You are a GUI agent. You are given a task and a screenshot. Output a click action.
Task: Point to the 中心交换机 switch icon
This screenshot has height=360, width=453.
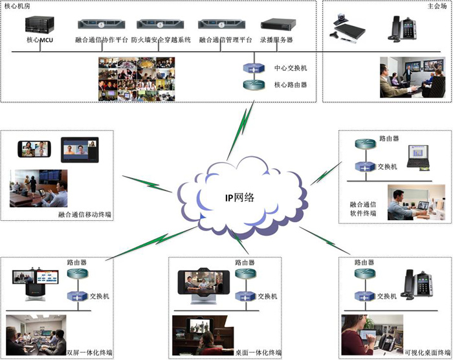point(252,69)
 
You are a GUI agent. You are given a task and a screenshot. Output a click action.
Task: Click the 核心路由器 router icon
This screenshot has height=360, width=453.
point(252,85)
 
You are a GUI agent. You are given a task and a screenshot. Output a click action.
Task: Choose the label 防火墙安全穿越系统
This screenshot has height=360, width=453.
point(162,40)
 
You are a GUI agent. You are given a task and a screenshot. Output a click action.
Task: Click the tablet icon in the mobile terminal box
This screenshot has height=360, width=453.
point(80,150)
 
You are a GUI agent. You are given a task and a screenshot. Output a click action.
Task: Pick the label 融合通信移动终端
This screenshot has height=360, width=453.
point(85,214)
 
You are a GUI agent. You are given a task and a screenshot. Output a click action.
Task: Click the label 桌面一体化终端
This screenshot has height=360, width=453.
point(258,353)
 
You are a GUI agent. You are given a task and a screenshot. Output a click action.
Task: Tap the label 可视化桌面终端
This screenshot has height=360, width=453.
point(425,353)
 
